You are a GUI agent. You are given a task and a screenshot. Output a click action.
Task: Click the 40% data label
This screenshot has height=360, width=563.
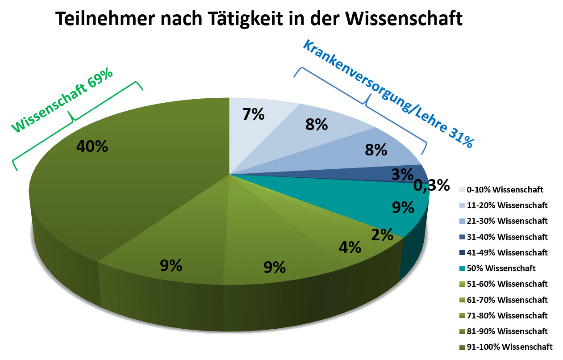tap(92, 146)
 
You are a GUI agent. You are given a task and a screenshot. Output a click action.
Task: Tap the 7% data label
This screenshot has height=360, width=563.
tap(254, 114)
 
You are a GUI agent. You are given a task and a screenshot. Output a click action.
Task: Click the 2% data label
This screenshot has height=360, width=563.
tap(382, 234)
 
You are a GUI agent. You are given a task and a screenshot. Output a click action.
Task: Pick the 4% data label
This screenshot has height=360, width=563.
tap(350, 247)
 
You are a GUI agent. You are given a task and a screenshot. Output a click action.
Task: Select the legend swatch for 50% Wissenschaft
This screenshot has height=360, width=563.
tap(462, 268)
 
